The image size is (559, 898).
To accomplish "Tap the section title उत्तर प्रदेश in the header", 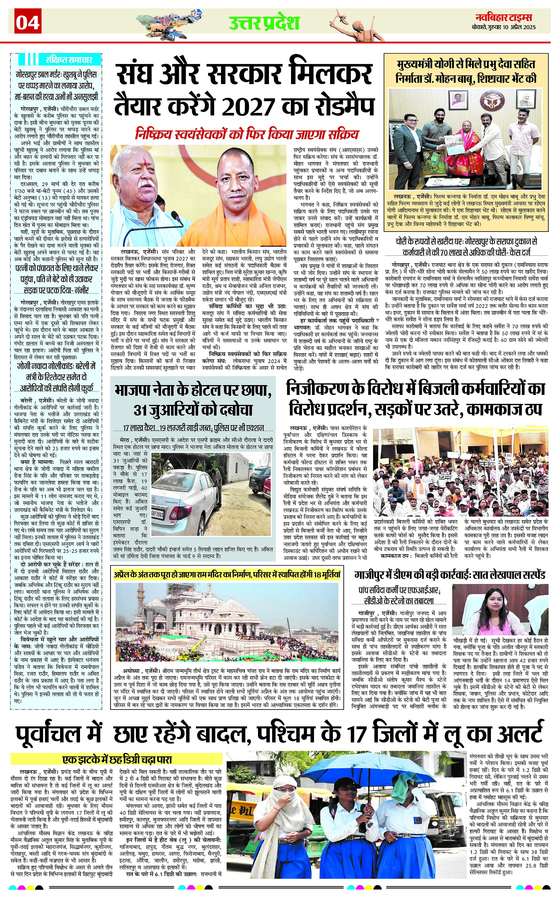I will [x=264, y=23].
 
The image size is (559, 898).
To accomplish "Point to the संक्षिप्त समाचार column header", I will [x=69, y=59].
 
